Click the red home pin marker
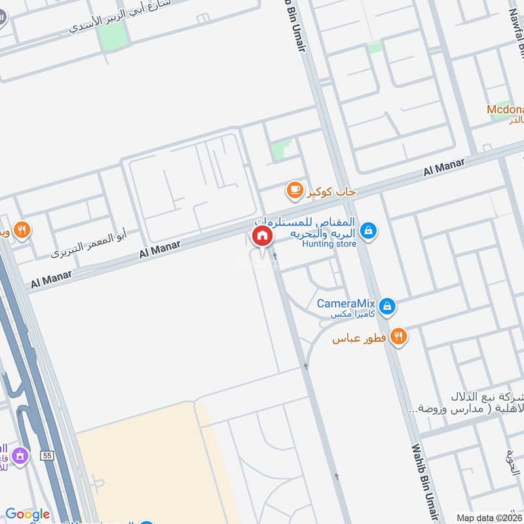[x=262, y=236]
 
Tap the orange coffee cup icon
[x=295, y=191]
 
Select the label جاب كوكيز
[x=330, y=192]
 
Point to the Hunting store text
[x=329, y=244]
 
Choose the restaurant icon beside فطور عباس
[x=398, y=337]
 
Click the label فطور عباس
[x=360, y=339]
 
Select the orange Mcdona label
[x=505, y=109]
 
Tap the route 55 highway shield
[x=46, y=454]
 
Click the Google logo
[x=28, y=514]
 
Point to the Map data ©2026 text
[x=489, y=517]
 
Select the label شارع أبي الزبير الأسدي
[x=121, y=17]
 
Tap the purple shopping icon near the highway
[x=21, y=455]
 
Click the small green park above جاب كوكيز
[x=282, y=149]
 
